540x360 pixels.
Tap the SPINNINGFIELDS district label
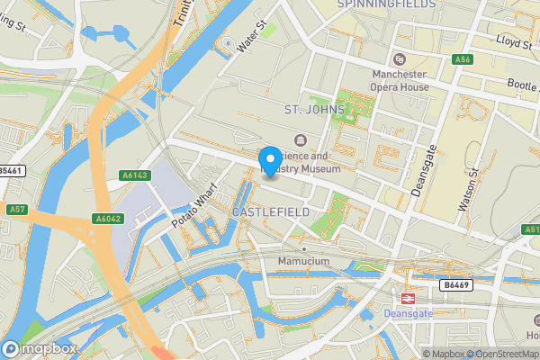tap(386, 4)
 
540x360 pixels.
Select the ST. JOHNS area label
tap(315, 111)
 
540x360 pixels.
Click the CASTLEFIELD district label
tap(271, 211)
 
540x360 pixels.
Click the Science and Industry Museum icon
tap(300, 139)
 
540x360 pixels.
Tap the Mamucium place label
tap(304, 262)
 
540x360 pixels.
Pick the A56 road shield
tap(463, 59)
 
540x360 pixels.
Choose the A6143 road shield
tap(133, 175)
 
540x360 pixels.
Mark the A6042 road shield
tap(108, 219)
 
